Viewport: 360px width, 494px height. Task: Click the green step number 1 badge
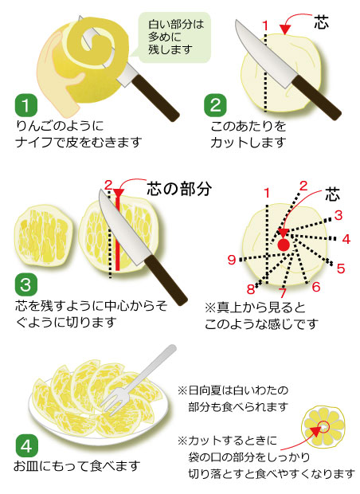pos(26,105)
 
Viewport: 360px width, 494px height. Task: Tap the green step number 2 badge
pos(215,105)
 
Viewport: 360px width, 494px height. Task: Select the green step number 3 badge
pos(26,285)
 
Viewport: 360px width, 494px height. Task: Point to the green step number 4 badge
pos(26,446)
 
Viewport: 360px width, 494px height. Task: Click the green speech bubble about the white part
pos(174,37)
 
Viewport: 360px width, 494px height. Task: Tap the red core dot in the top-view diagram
pos(284,245)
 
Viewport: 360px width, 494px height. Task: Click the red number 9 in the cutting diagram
pos(232,260)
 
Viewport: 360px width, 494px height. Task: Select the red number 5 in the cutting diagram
pos(341,269)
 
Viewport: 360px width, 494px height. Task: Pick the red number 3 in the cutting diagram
pos(338,215)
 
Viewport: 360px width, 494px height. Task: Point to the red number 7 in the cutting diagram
pos(283,292)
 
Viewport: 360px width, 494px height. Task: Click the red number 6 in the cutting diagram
pos(316,287)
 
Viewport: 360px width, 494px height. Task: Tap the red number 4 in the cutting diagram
pos(346,240)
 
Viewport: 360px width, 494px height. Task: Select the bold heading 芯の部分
pos(179,189)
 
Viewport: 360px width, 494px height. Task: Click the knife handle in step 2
pos(317,97)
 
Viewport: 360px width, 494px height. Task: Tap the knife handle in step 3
pos(166,280)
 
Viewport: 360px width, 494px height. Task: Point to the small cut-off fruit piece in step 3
pos(44,235)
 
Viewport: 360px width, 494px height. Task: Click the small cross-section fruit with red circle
pos(323,427)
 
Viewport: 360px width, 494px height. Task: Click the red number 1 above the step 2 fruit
pos(265,25)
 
